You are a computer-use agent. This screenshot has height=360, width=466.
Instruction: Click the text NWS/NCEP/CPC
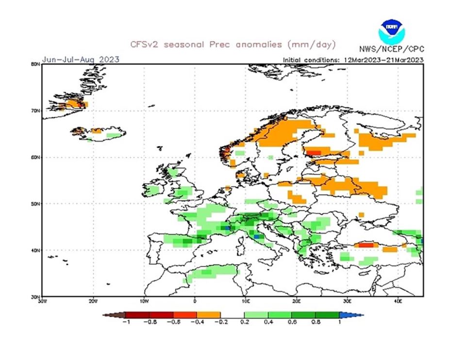391,49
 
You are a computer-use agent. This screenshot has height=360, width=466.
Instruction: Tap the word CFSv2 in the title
146,45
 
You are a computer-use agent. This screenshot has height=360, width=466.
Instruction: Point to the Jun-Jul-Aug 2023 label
81,60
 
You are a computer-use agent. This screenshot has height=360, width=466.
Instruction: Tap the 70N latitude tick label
35,111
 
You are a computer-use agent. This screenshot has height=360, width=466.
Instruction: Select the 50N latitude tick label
35,204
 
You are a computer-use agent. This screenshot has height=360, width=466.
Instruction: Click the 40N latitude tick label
35,250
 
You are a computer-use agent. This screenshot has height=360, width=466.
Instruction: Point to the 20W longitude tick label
93,301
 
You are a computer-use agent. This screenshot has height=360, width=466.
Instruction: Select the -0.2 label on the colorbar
220,322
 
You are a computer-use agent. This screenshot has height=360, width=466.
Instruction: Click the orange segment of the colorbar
208,315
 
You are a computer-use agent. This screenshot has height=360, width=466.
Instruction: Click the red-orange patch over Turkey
366,245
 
